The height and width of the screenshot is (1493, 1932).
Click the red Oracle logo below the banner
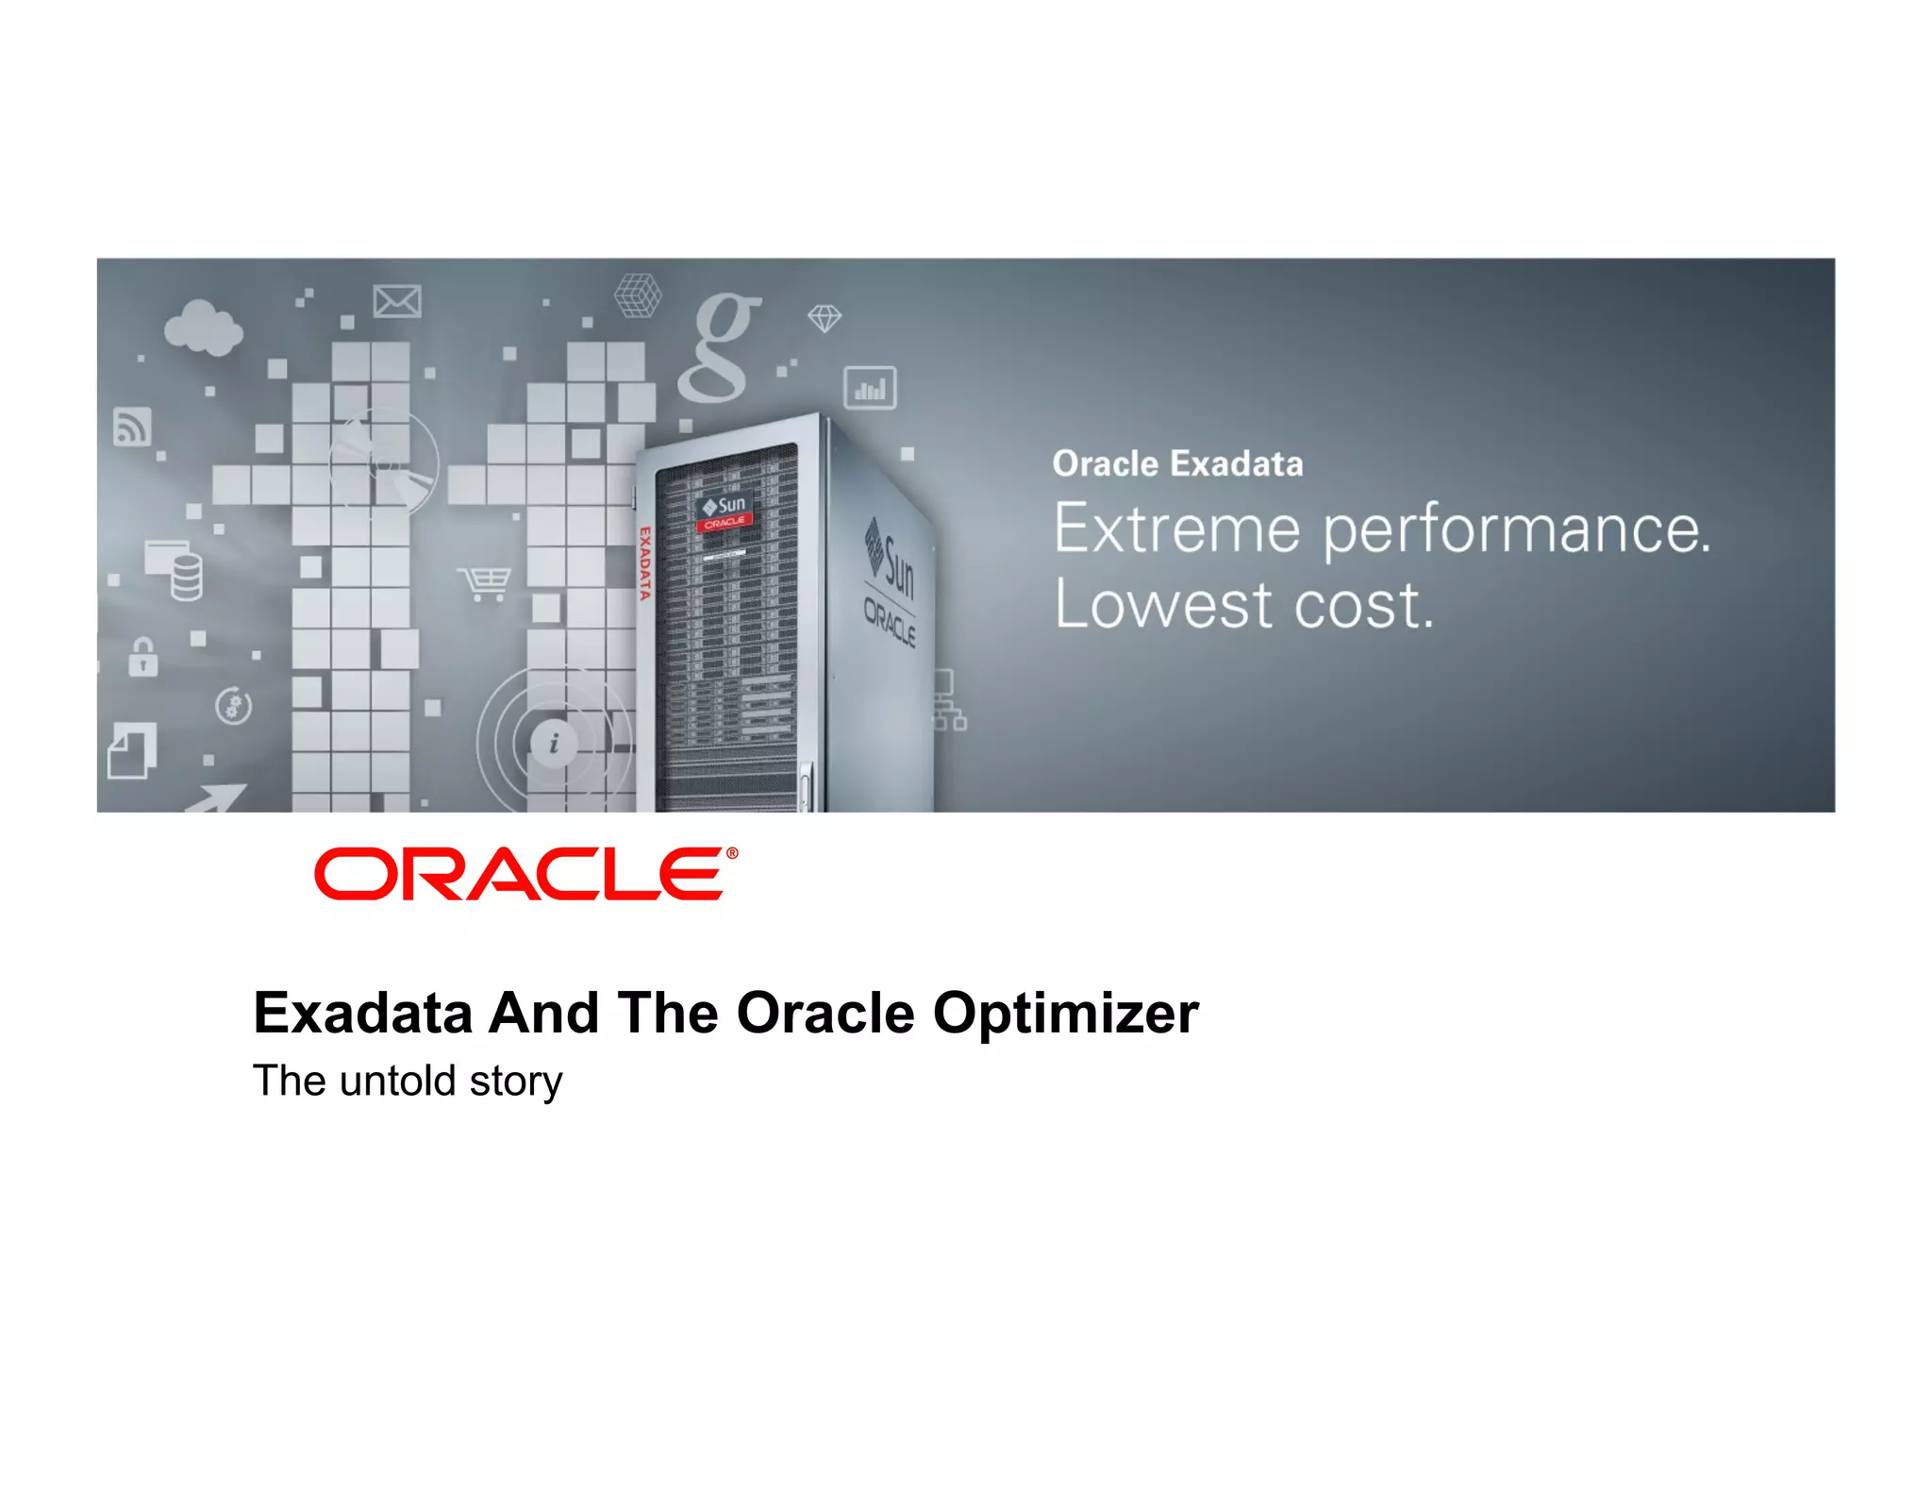525,874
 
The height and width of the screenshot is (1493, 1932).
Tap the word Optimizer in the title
1065,1015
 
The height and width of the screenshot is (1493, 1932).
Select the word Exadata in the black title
362,1014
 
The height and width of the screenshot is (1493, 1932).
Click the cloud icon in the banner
202,327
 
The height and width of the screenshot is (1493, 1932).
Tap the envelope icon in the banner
397,302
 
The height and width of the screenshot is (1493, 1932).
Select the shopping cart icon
485,582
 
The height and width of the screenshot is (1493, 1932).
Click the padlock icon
143,656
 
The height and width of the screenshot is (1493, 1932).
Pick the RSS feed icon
132,427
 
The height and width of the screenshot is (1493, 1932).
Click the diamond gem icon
824,318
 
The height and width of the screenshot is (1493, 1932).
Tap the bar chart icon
870,388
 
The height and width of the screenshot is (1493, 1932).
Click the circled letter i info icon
554,743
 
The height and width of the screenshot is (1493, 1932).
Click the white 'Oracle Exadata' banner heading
1177,464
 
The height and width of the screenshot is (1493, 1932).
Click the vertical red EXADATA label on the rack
645,563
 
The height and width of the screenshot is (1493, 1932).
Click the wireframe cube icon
638,295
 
